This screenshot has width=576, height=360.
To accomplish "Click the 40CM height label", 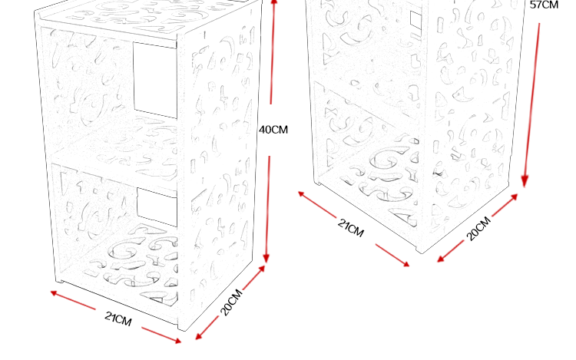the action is coord(273,130).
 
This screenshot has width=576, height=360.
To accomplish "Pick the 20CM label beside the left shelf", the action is coord(231,302).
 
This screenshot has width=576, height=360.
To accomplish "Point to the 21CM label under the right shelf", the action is coord(351,227).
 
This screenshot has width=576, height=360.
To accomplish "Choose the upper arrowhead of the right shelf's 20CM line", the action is coord(516,195).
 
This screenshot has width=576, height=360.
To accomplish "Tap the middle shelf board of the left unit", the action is coord(115,161).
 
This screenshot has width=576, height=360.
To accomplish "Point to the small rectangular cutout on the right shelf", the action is coord(415,24).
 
